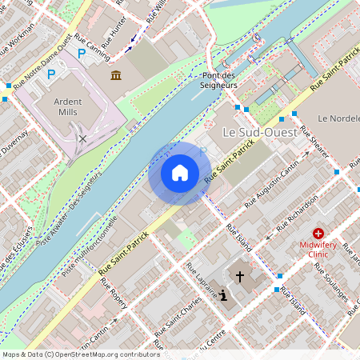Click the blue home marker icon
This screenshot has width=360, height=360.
(x=180, y=173)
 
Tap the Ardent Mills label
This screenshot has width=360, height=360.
(x=73, y=107)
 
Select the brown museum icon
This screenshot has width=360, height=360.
(x=117, y=75)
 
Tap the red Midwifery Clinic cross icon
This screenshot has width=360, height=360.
(x=318, y=233)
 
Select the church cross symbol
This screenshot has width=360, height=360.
(x=238, y=276)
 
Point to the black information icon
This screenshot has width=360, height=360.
(x=222, y=296)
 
